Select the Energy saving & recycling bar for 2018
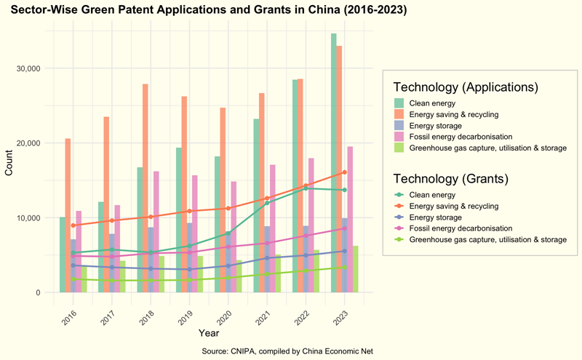click(x=145, y=188)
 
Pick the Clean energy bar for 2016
click(x=63, y=255)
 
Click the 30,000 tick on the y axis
click(x=30, y=68)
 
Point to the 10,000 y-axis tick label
click(x=30, y=218)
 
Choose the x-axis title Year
click(x=209, y=333)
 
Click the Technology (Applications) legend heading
click(x=465, y=87)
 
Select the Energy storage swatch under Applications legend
click(x=399, y=126)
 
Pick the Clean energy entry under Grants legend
click(x=432, y=195)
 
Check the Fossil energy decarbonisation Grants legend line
click(x=399, y=228)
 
